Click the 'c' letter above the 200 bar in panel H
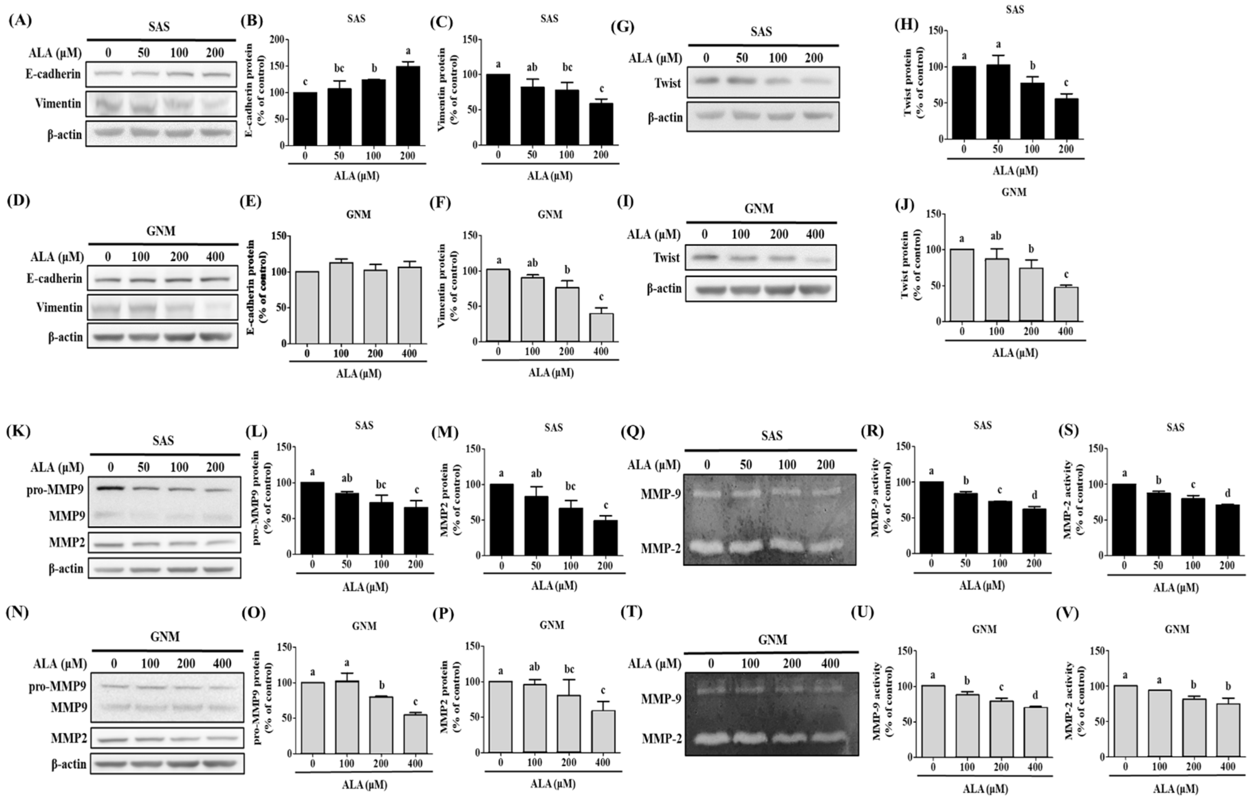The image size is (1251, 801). tap(1066, 83)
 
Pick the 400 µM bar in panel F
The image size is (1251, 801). tap(601, 327)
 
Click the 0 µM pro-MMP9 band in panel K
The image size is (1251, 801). tap(110, 488)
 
